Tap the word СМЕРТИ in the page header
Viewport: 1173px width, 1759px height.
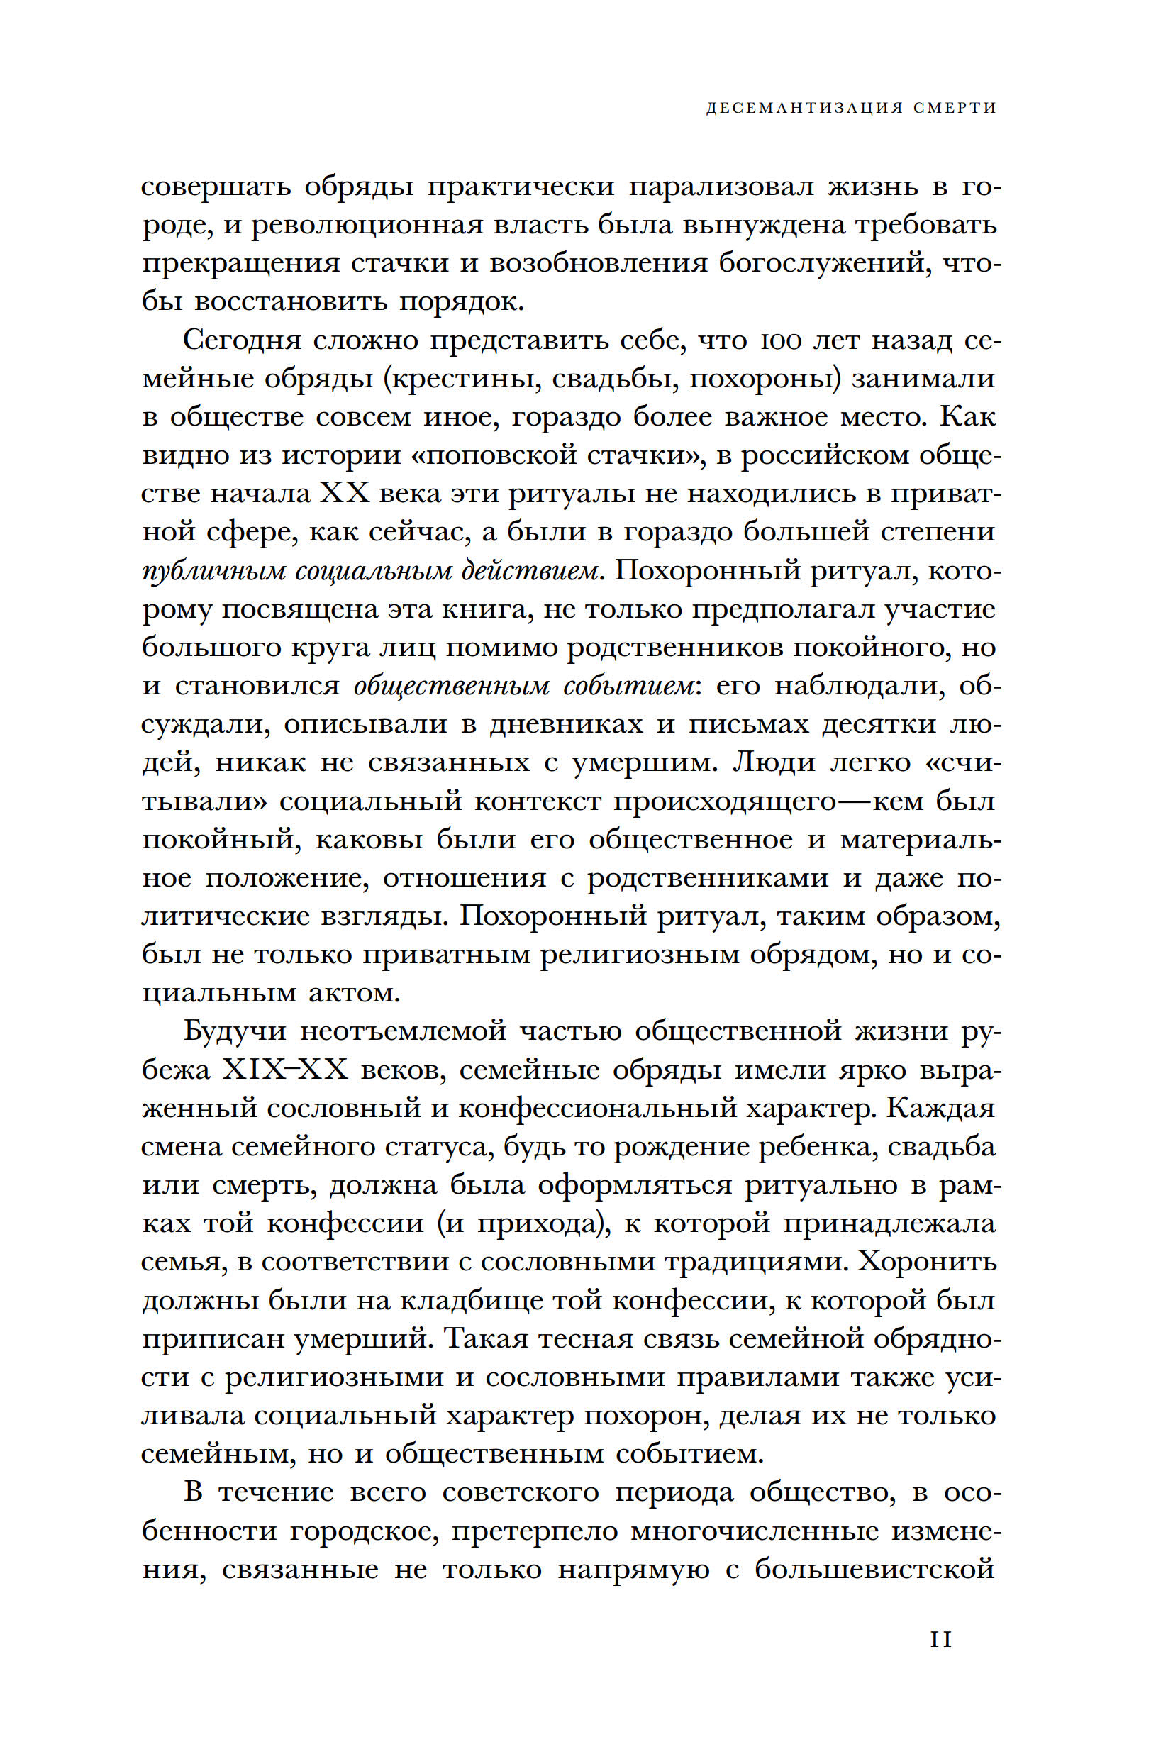(x=955, y=108)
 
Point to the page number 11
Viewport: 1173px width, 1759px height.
(x=940, y=1638)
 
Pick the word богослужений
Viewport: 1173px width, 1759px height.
(x=821, y=263)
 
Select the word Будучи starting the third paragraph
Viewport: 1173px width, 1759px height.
(x=235, y=1031)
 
